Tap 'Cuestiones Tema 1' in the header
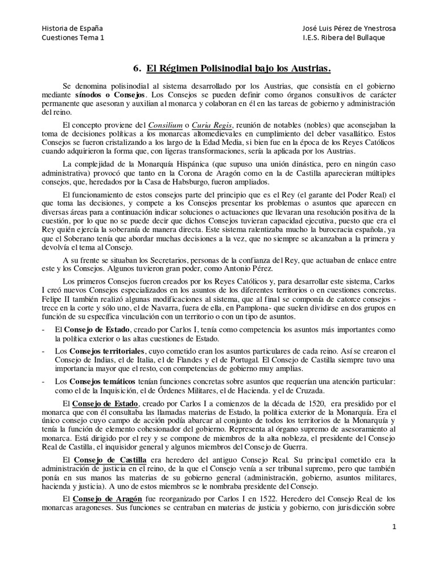pyautogui.click(x=73, y=38)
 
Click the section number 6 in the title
pyautogui.click(x=137, y=69)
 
